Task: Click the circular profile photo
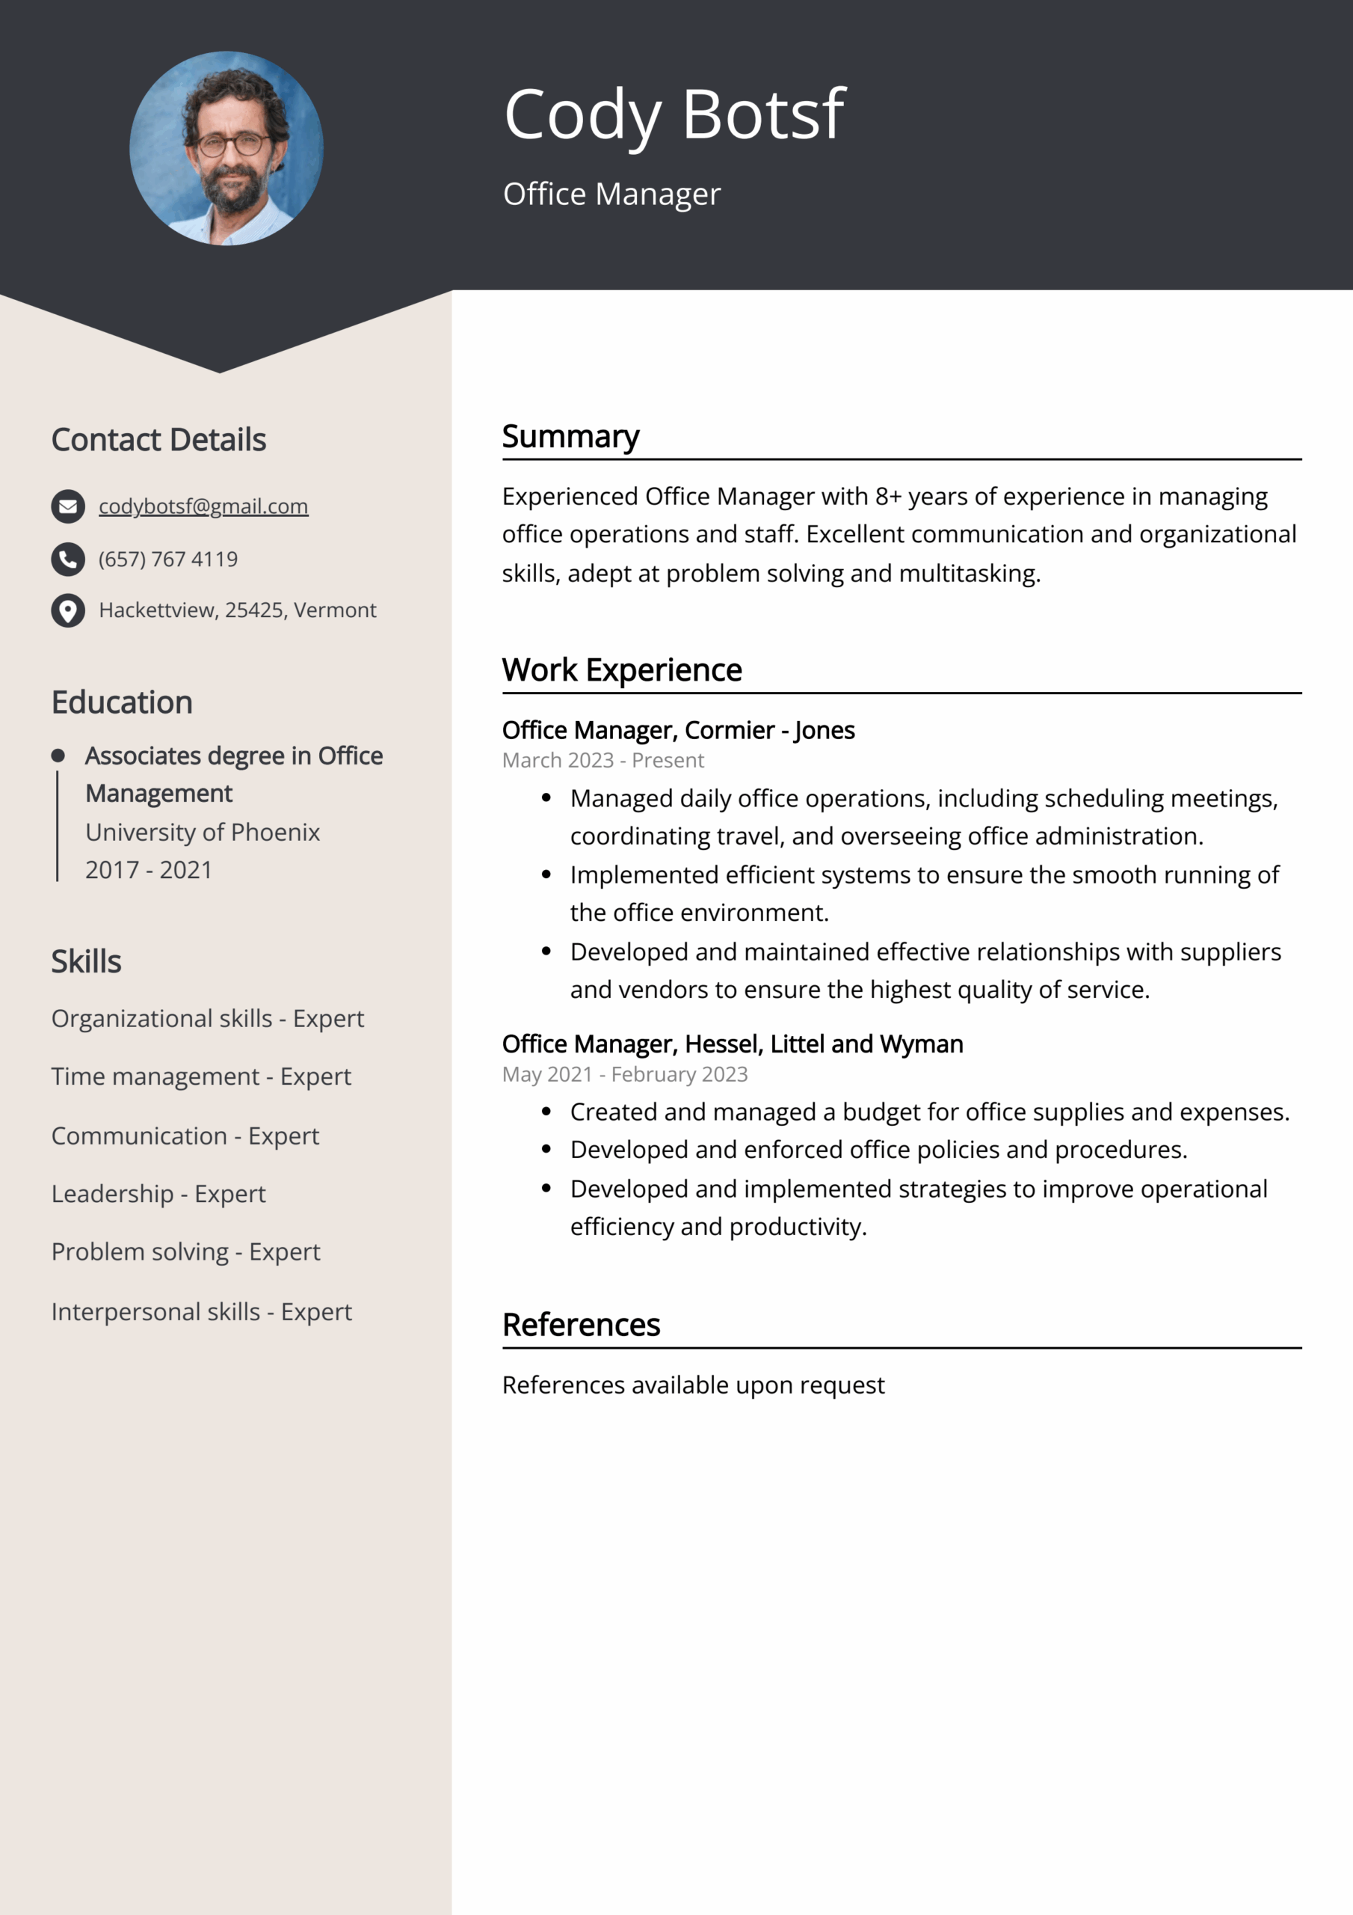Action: [x=226, y=148]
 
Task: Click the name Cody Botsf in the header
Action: [x=674, y=114]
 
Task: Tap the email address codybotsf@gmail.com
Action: [x=203, y=506]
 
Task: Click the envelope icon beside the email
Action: [x=68, y=506]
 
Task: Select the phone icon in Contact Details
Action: [x=68, y=559]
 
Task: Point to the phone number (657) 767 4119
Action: [x=168, y=559]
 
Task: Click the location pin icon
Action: [x=68, y=610]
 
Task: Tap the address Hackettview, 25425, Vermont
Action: [x=238, y=610]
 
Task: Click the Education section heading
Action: [x=122, y=702]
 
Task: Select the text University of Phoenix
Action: [x=203, y=832]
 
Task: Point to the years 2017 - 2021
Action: [x=149, y=870]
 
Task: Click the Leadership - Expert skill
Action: [x=158, y=1194]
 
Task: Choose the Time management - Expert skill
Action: [x=201, y=1076]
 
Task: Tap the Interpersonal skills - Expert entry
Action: [x=202, y=1312]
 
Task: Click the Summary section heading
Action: [x=570, y=436]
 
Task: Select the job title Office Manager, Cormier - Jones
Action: [x=678, y=730]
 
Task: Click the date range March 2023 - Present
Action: [x=602, y=761]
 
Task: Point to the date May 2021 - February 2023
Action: [x=624, y=1074]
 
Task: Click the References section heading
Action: [x=581, y=1325]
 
